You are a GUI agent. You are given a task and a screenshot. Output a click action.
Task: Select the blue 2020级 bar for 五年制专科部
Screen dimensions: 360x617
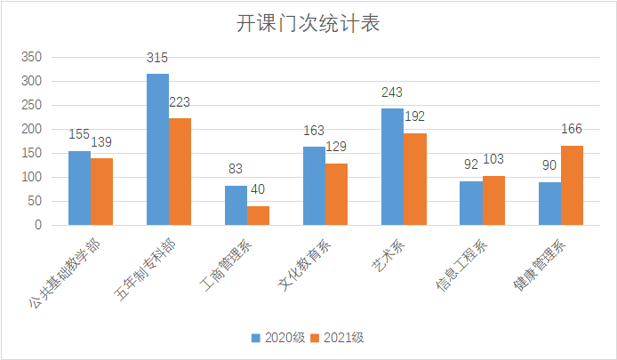157,149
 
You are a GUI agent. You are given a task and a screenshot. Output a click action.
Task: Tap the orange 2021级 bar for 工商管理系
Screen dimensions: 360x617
258,215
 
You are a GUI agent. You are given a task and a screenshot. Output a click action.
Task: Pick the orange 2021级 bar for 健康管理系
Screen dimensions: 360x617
571,185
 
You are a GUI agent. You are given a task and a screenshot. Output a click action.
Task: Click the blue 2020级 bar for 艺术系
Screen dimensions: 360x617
392,166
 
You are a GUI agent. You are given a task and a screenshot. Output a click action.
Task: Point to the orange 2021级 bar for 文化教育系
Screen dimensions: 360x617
336,194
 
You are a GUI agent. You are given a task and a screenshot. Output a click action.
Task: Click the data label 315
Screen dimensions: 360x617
157,59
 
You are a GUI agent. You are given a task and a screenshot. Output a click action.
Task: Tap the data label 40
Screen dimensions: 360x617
258,190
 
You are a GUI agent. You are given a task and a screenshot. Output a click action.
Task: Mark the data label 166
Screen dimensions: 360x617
572,130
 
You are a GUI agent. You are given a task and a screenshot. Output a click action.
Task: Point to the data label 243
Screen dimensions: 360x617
392,92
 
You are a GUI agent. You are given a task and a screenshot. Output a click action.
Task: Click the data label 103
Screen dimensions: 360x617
493,160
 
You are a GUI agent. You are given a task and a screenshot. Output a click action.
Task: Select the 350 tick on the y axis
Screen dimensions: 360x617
32,57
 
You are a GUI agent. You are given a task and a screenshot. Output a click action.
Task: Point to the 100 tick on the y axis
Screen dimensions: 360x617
32,177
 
